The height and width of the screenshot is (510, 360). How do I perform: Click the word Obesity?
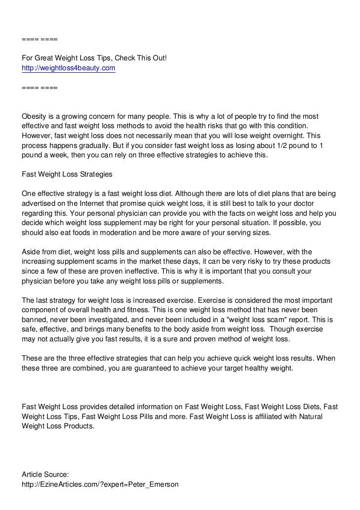click(x=36, y=116)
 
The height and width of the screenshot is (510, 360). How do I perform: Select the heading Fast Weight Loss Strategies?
click(x=67, y=174)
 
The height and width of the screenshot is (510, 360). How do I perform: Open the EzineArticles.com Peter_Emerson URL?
click(x=100, y=484)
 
